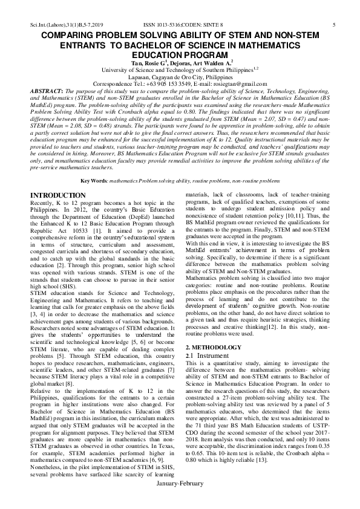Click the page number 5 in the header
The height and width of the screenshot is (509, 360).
[x=334, y=24]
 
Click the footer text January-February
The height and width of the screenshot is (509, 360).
[x=180, y=501]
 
